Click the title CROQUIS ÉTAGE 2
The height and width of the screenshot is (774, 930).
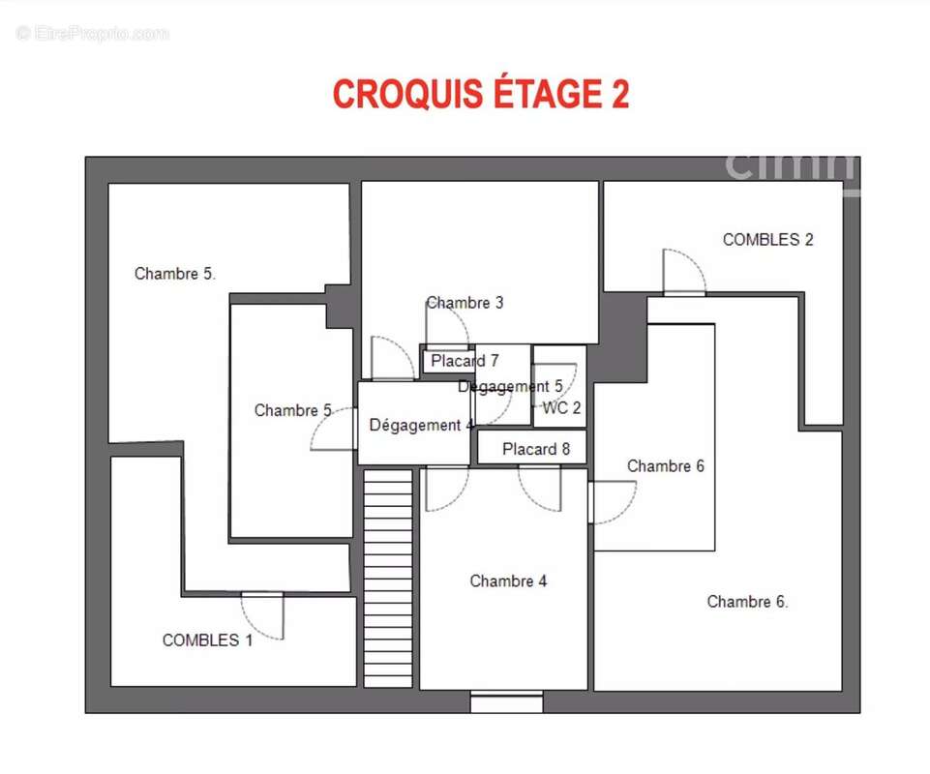point(480,94)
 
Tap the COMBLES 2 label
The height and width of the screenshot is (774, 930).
point(767,240)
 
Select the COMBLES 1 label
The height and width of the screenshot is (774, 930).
point(208,640)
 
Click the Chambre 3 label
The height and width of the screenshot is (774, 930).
point(465,303)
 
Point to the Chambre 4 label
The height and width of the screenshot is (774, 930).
point(508,580)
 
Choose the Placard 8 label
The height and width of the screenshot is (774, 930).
point(536,449)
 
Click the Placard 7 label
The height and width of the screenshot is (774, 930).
point(465,361)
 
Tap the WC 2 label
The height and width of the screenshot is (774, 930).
point(561,408)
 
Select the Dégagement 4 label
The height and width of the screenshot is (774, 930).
point(421,426)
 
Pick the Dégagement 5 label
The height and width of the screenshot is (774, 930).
point(510,387)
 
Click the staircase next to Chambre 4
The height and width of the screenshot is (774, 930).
point(388,579)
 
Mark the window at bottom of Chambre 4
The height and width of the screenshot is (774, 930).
point(506,701)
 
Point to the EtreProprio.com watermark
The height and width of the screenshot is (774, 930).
point(92,33)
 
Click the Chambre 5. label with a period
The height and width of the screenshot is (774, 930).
point(175,274)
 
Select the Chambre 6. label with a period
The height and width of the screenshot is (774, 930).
point(747,602)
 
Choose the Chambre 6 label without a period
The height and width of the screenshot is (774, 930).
point(666,466)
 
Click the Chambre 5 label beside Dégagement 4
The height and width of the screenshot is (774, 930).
point(293,410)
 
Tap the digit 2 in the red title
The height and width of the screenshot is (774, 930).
point(619,94)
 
